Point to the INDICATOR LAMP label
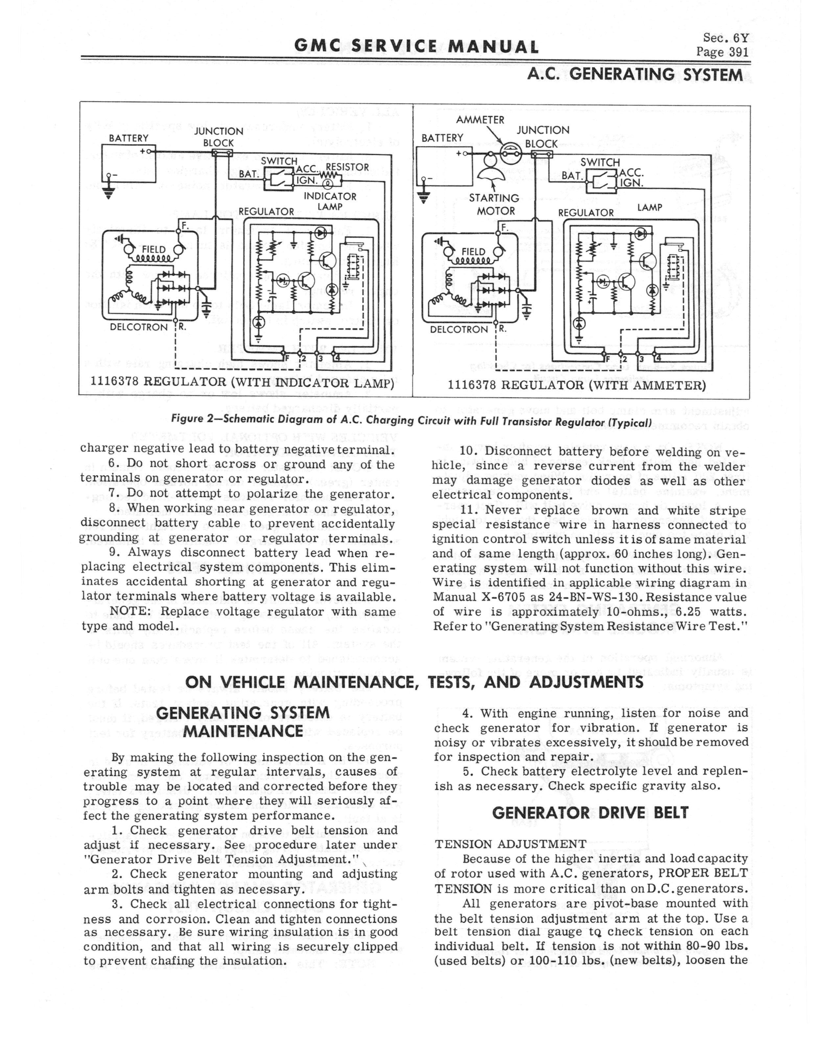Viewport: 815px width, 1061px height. click(330, 201)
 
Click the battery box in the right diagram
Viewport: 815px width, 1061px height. click(444, 166)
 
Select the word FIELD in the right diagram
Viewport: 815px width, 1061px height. click(473, 252)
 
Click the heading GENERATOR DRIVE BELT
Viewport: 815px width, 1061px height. click(590, 813)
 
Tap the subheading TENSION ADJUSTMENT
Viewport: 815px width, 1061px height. click(510, 844)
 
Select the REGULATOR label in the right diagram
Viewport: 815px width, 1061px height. click(586, 212)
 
